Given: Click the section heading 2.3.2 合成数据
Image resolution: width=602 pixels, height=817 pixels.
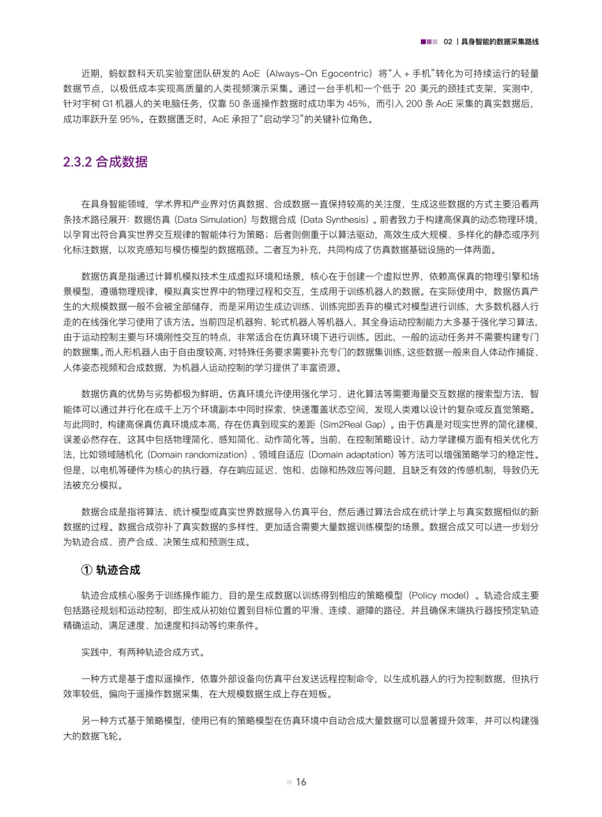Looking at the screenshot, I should [x=105, y=162].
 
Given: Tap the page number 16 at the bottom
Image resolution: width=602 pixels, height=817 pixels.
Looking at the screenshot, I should [x=301, y=782].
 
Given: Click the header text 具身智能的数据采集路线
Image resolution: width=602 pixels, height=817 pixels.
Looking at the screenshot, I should [x=500, y=42].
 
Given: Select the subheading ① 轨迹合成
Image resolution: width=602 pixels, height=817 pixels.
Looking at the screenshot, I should [x=111, y=570].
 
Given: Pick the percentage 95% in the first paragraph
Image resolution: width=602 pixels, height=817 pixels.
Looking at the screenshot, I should [x=129, y=119].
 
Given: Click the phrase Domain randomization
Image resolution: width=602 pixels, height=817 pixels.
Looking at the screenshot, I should [x=198, y=455].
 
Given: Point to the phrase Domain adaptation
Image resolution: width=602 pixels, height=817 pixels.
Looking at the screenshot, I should [x=351, y=455].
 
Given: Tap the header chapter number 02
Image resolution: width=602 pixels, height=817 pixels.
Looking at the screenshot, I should [x=448, y=42].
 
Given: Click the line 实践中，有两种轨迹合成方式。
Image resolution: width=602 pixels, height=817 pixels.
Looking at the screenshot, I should [x=143, y=652].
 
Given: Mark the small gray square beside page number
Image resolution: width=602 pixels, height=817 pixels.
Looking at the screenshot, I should [x=289, y=782].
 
